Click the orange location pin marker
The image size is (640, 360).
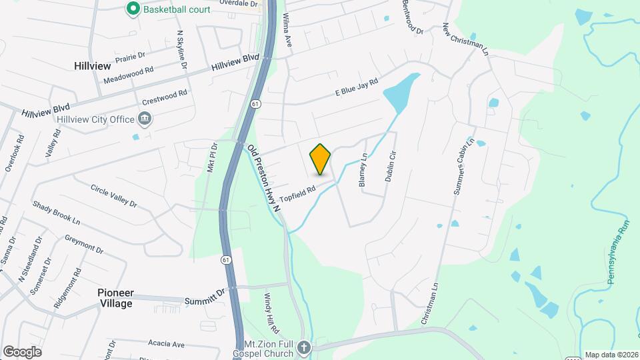(320, 159)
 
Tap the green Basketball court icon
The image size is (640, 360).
(133, 9)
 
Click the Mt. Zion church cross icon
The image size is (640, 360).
(304, 347)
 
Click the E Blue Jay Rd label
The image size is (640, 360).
(356, 88)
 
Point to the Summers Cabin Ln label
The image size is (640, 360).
(463, 166)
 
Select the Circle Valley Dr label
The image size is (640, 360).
(113, 195)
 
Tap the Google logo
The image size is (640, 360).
(22, 351)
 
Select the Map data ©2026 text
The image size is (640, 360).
(611, 355)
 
